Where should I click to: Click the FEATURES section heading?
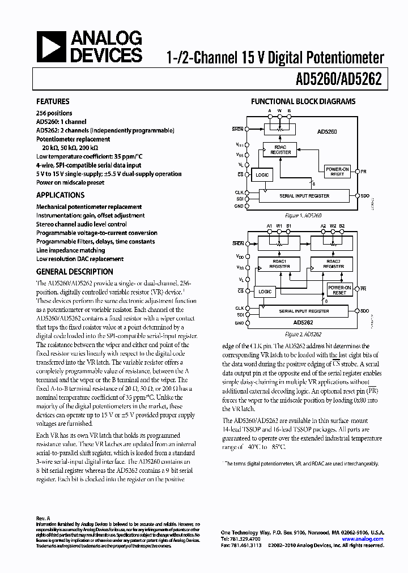pyautogui.click(x=53, y=101)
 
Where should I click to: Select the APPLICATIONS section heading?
pyautogui.click(x=60, y=195)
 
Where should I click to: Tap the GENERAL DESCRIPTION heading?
pyautogui.click(x=74, y=271)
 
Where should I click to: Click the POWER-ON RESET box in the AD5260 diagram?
pyautogui.click(x=337, y=172)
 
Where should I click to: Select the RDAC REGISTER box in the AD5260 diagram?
pyautogui.click(x=280, y=150)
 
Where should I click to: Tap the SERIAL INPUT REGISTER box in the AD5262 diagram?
pyautogui.click(x=304, y=311)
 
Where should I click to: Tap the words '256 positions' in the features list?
pyautogui.click(x=54, y=113)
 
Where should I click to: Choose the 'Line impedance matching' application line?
pyautogui.click(x=70, y=250)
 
